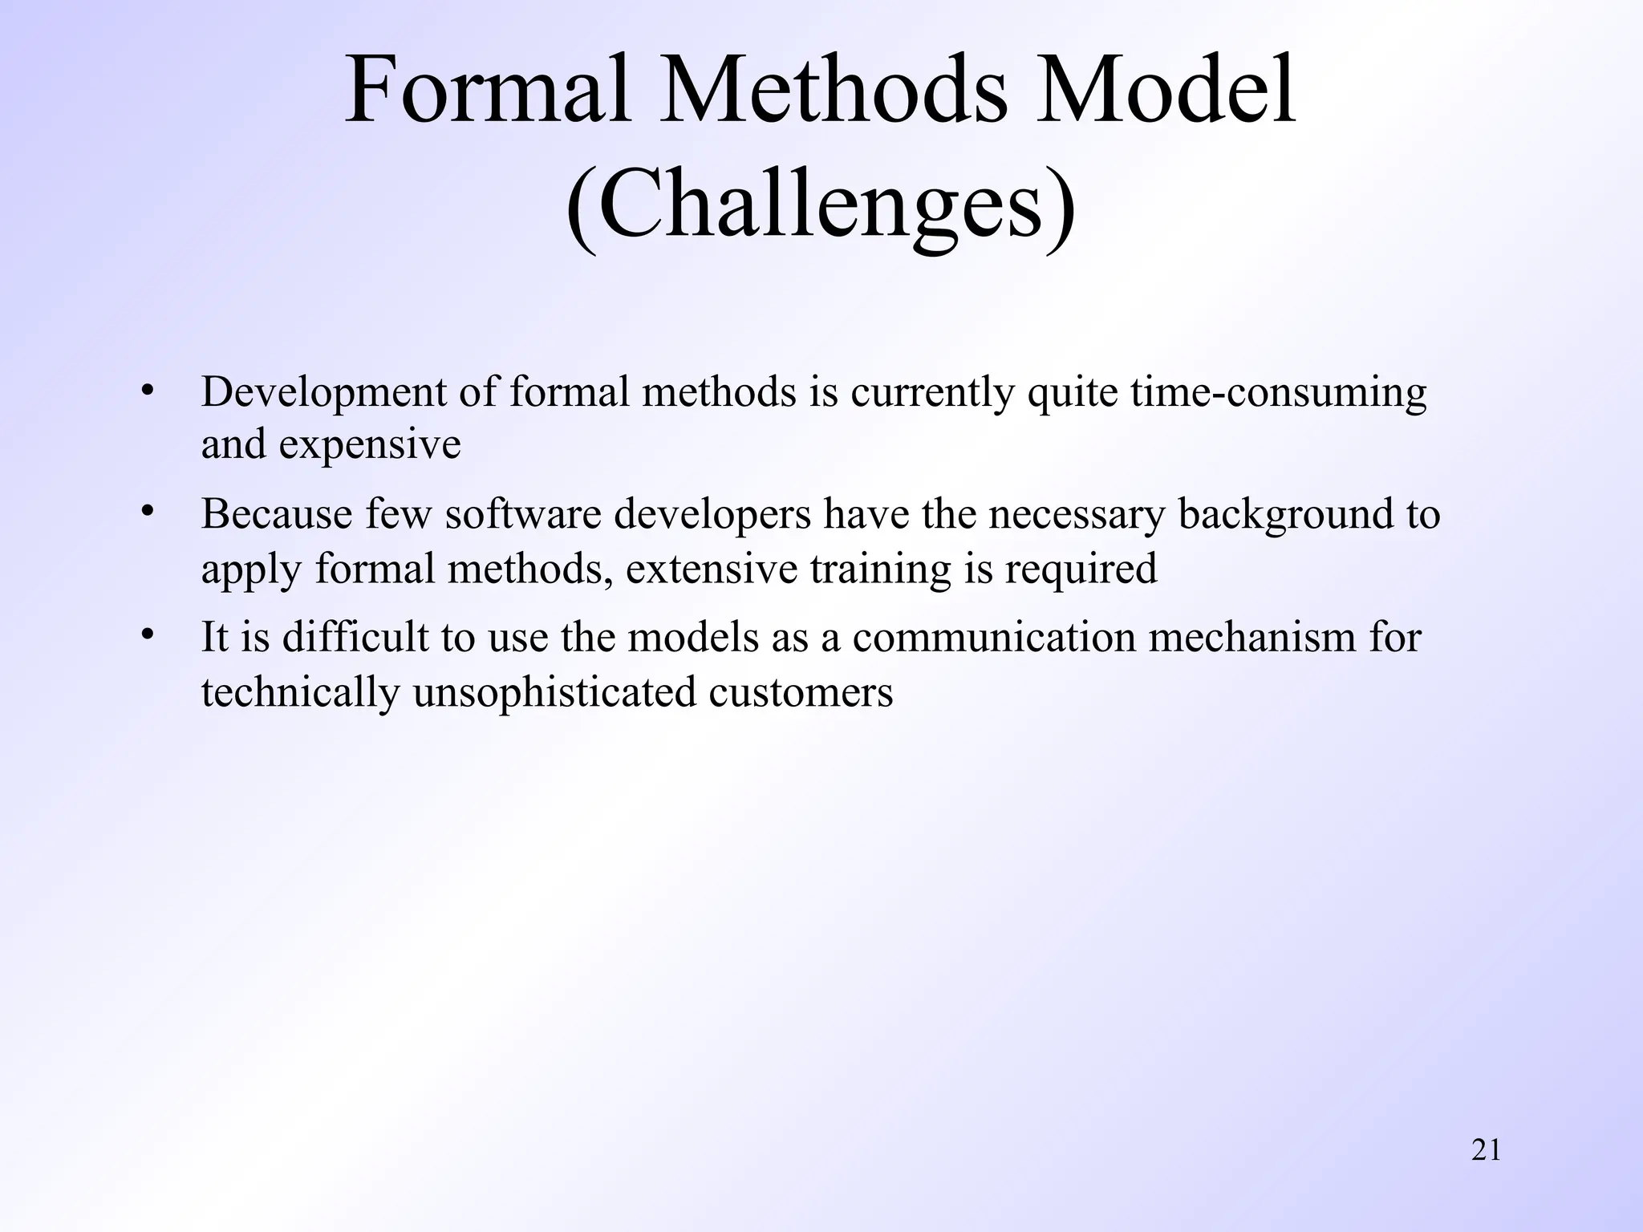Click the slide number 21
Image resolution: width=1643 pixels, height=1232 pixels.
(x=1486, y=1150)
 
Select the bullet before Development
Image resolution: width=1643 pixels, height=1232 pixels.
(x=146, y=391)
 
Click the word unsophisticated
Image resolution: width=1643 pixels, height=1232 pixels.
(x=554, y=692)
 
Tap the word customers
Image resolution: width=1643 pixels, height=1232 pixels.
(x=800, y=692)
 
